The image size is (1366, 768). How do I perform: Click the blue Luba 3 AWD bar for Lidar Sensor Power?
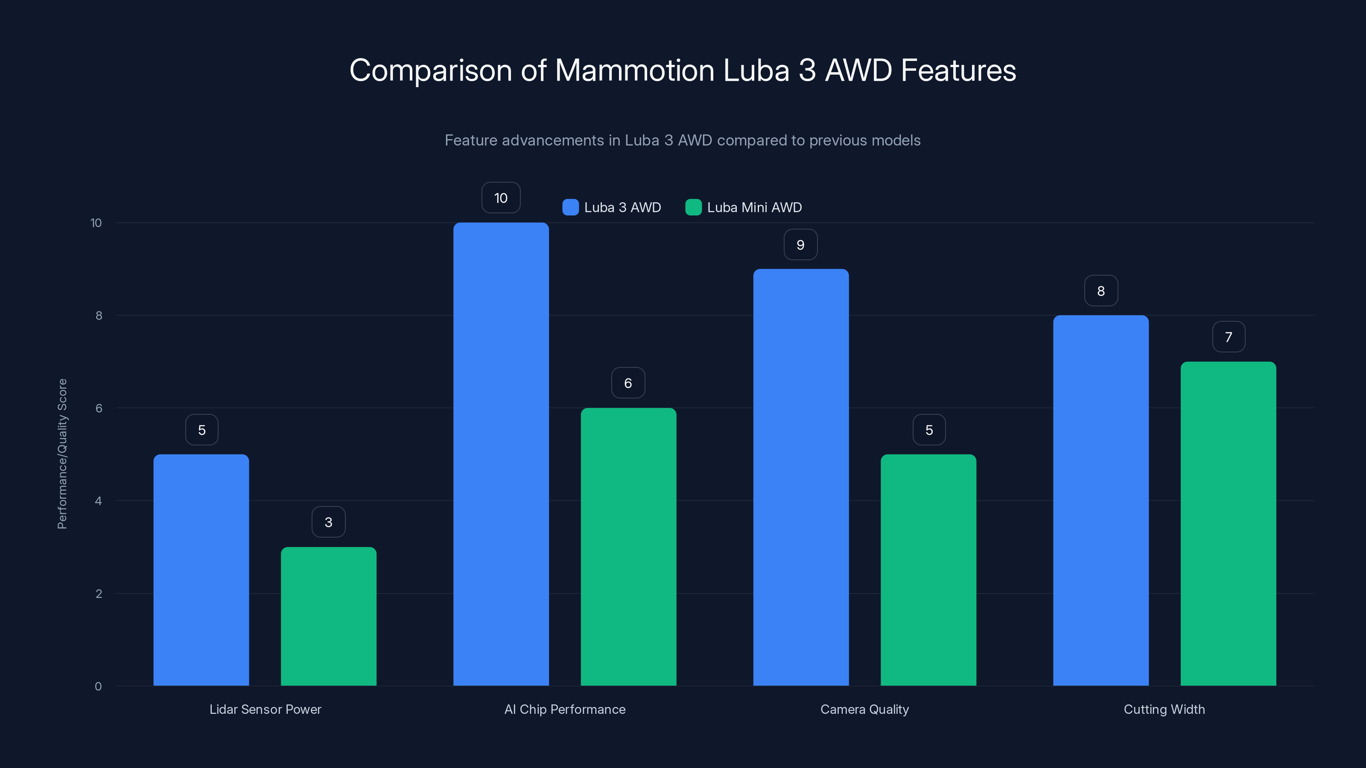tap(201, 570)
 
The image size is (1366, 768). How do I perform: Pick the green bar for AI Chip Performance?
tap(628, 547)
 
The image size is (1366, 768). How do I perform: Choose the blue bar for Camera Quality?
tap(801, 477)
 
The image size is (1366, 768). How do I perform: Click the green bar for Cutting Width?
tap(1228, 524)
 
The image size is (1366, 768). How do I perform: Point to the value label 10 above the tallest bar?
tap(501, 198)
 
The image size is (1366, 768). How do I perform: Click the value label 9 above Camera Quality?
tap(800, 244)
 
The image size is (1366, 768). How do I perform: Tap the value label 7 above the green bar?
tap(1228, 337)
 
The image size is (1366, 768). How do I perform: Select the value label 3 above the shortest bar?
tap(328, 522)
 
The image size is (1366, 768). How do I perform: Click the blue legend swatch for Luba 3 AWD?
tap(570, 207)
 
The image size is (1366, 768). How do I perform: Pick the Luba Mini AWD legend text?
tap(754, 207)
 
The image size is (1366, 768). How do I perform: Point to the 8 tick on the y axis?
tap(99, 315)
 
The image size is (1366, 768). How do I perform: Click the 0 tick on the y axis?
tap(98, 687)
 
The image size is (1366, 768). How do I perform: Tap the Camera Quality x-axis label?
tap(864, 709)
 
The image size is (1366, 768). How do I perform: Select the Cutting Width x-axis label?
tap(1164, 709)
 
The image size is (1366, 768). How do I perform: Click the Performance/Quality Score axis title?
tap(62, 454)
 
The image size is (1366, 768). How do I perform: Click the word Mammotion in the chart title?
tap(634, 70)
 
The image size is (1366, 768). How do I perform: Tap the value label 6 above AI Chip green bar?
tap(628, 383)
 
